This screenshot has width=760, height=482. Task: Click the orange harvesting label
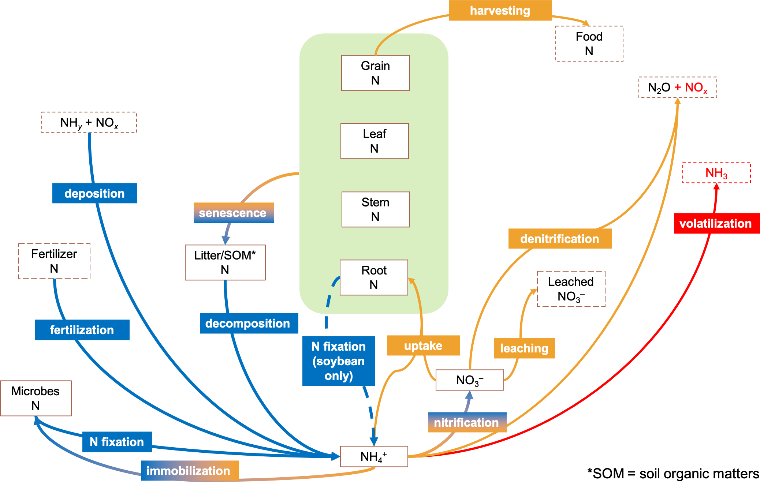point(500,11)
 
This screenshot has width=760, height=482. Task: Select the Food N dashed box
point(589,44)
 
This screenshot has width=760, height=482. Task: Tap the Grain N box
point(375,73)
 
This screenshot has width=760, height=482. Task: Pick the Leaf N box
point(375,141)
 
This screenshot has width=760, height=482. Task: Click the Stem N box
point(376,209)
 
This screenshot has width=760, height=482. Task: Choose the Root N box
point(374,277)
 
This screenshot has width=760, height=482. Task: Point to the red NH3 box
point(716,172)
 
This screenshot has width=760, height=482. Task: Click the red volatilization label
point(716,223)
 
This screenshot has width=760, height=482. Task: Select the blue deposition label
point(94,193)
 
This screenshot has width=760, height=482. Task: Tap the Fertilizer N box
point(54,261)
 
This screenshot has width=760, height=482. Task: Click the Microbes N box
point(36,398)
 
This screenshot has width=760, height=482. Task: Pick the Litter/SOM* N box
point(225,262)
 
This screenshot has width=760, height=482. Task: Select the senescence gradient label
point(234,213)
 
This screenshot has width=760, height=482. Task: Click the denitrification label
point(560,239)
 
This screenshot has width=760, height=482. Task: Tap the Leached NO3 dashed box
point(571,289)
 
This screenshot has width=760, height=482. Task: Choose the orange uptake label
point(423,345)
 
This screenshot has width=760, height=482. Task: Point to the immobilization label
point(189,471)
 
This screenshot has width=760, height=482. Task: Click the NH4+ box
point(374,456)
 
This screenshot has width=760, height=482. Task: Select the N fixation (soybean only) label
point(339,361)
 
